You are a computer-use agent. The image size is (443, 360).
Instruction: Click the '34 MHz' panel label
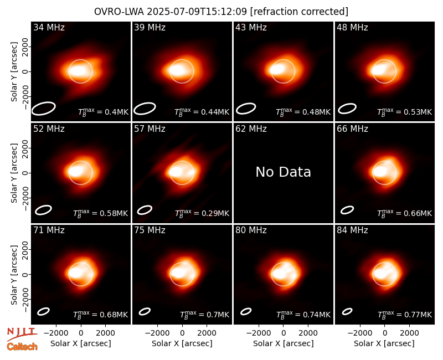click(49, 27)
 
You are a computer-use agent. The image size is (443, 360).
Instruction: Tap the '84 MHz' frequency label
click(352, 230)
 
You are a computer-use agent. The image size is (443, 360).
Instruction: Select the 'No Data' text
click(283, 172)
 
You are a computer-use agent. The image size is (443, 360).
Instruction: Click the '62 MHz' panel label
click(251, 129)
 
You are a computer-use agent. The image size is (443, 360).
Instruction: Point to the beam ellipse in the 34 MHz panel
click(44, 109)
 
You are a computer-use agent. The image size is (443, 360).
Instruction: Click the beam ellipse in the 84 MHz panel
click(347, 311)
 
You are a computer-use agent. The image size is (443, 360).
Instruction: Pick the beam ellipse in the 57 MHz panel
click(145, 210)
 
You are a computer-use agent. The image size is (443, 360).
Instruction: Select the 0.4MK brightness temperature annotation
click(117, 112)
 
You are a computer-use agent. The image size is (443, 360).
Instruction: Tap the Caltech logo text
click(22, 347)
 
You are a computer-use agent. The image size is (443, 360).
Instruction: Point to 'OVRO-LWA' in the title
click(119, 12)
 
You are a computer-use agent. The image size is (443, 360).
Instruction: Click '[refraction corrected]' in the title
click(299, 12)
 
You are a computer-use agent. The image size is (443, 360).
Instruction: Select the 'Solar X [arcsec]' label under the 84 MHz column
click(384, 343)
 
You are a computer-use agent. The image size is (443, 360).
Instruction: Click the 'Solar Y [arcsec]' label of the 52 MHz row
click(14, 173)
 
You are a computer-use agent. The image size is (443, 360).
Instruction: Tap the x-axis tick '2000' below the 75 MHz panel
click(207, 333)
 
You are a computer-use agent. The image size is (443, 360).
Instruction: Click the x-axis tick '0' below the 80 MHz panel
click(284, 333)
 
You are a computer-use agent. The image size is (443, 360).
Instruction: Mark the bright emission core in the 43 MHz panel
click(277, 69)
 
